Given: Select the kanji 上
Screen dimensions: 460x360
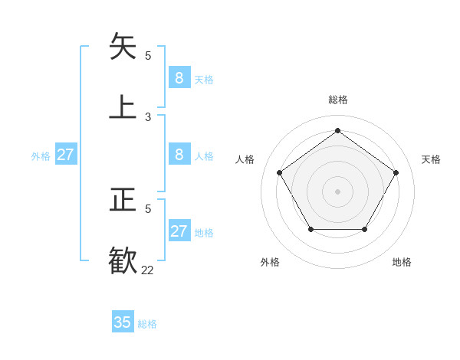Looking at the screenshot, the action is click(x=123, y=106).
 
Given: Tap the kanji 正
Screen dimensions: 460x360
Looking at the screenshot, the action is click(x=123, y=200).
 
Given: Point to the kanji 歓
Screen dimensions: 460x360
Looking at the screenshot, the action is click(x=123, y=259).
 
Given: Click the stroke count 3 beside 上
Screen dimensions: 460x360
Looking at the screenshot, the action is click(x=148, y=116).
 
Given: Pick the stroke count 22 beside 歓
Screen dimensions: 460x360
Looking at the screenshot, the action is click(x=147, y=270).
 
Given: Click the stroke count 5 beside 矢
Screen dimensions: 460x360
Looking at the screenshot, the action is click(x=148, y=55).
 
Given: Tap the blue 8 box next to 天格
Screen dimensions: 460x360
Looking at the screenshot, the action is click(x=179, y=77).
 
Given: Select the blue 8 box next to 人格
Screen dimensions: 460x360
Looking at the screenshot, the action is click(x=179, y=155).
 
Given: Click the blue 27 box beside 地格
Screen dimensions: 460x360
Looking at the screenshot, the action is click(x=179, y=231).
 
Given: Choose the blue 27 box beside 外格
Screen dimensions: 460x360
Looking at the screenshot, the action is click(x=65, y=155).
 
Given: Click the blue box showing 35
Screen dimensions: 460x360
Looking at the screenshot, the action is click(x=123, y=322).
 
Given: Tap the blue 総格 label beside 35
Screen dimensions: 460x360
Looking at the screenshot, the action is click(x=147, y=324).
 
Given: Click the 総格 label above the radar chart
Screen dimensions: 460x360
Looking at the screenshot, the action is click(x=337, y=100).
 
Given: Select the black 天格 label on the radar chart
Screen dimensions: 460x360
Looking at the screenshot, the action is click(x=431, y=159).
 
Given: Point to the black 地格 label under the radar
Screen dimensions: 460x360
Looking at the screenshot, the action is click(x=402, y=262).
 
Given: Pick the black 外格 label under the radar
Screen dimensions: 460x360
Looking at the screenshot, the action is click(x=270, y=262).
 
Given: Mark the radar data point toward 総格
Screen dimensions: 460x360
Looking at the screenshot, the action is click(x=337, y=131).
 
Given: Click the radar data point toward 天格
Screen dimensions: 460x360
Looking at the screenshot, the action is click(x=396, y=172).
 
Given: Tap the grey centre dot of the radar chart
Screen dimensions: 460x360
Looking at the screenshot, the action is click(x=337, y=191).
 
